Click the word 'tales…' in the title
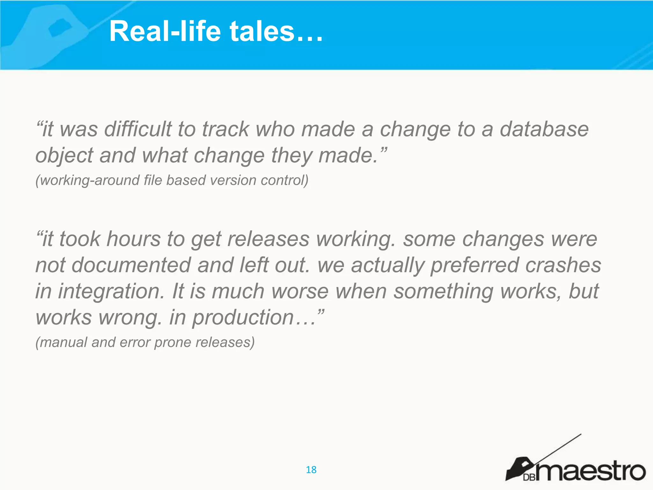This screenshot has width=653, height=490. pyautogui.click(x=276, y=31)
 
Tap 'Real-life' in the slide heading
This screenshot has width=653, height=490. pyautogui.click(x=165, y=31)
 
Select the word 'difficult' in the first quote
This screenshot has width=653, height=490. pyautogui.click(x=138, y=129)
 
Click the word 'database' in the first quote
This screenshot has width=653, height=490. pyautogui.click(x=544, y=129)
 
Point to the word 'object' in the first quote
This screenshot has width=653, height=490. pyautogui.click(x=64, y=156)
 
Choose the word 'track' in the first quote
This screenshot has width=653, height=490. pyautogui.click(x=225, y=129)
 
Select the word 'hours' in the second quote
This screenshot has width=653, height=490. pyautogui.click(x=134, y=239)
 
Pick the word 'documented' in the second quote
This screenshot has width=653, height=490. pyautogui.click(x=131, y=265)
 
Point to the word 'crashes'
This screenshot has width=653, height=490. pyautogui.click(x=563, y=265)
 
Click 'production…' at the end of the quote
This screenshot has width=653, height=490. pyautogui.click(x=247, y=317)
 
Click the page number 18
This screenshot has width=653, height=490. pyautogui.click(x=311, y=470)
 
